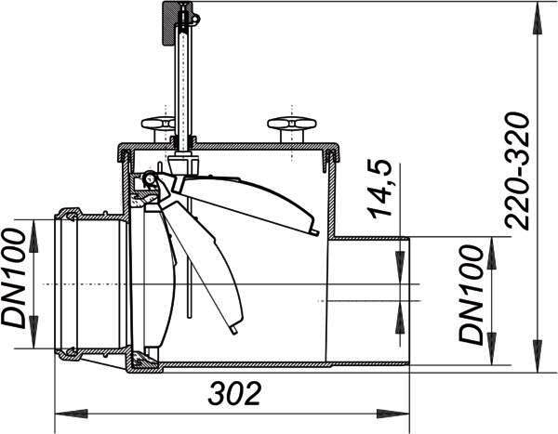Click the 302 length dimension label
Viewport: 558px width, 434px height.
tap(234, 393)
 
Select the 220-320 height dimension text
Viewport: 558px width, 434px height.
tap(517, 171)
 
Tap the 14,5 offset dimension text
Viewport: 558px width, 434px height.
tap(380, 188)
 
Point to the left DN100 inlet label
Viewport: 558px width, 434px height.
tap(14, 278)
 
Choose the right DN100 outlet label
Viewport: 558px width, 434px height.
tap(472, 296)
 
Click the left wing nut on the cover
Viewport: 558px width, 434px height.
tap(159, 129)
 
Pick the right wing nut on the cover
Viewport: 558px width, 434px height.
tap(291, 129)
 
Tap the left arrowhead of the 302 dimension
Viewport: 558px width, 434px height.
tap(72, 414)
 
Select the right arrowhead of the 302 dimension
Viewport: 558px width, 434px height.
tap(393, 414)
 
